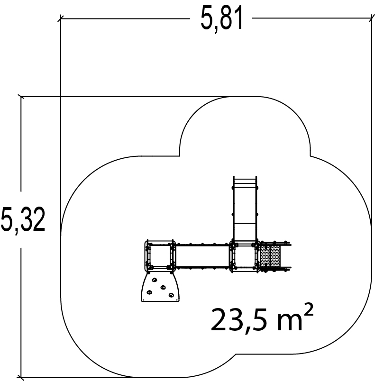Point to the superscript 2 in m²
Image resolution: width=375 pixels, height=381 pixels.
(309, 309)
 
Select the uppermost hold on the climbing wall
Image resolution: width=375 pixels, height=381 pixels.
(155, 280)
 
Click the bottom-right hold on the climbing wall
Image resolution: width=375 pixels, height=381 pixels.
(171, 295)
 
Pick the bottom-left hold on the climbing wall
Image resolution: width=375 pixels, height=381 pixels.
(149, 292)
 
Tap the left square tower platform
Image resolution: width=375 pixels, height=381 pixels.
(160, 255)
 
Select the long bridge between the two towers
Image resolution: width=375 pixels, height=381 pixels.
(203, 256)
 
